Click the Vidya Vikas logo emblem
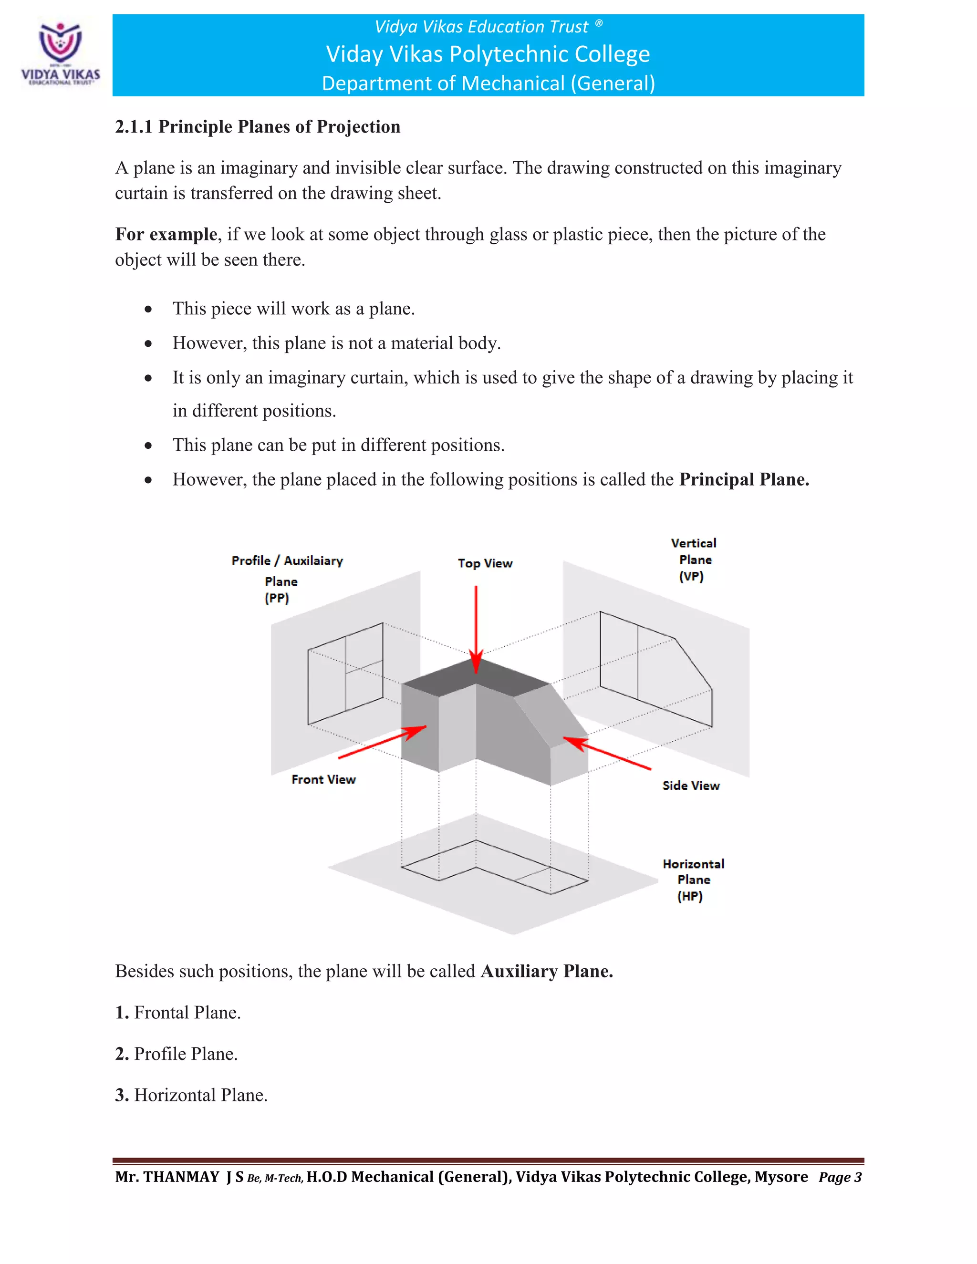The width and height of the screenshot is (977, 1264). point(60,42)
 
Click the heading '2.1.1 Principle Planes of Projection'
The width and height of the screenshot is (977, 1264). point(258,127)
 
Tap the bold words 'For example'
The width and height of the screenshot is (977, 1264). point(166,234)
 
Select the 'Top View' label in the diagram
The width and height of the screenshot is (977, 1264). point(485,563)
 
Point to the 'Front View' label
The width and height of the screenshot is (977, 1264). point(323,779)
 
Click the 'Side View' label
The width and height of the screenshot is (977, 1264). point(691,786)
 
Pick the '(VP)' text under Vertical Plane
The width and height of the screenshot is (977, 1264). point(691,577)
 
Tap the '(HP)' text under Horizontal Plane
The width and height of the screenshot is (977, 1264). point(690,897)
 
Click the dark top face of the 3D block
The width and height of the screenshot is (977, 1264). point(476,678)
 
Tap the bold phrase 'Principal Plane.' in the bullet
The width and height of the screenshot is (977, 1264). point(744,479)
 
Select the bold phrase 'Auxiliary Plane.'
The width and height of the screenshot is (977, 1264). point(546,971)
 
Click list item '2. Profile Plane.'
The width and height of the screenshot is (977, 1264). point(177,1054)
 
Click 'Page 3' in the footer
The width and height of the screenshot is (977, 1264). point(840,1178)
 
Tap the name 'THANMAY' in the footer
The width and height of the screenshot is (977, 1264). point(181,1177)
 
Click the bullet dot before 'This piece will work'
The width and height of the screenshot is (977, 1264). point(149,309)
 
